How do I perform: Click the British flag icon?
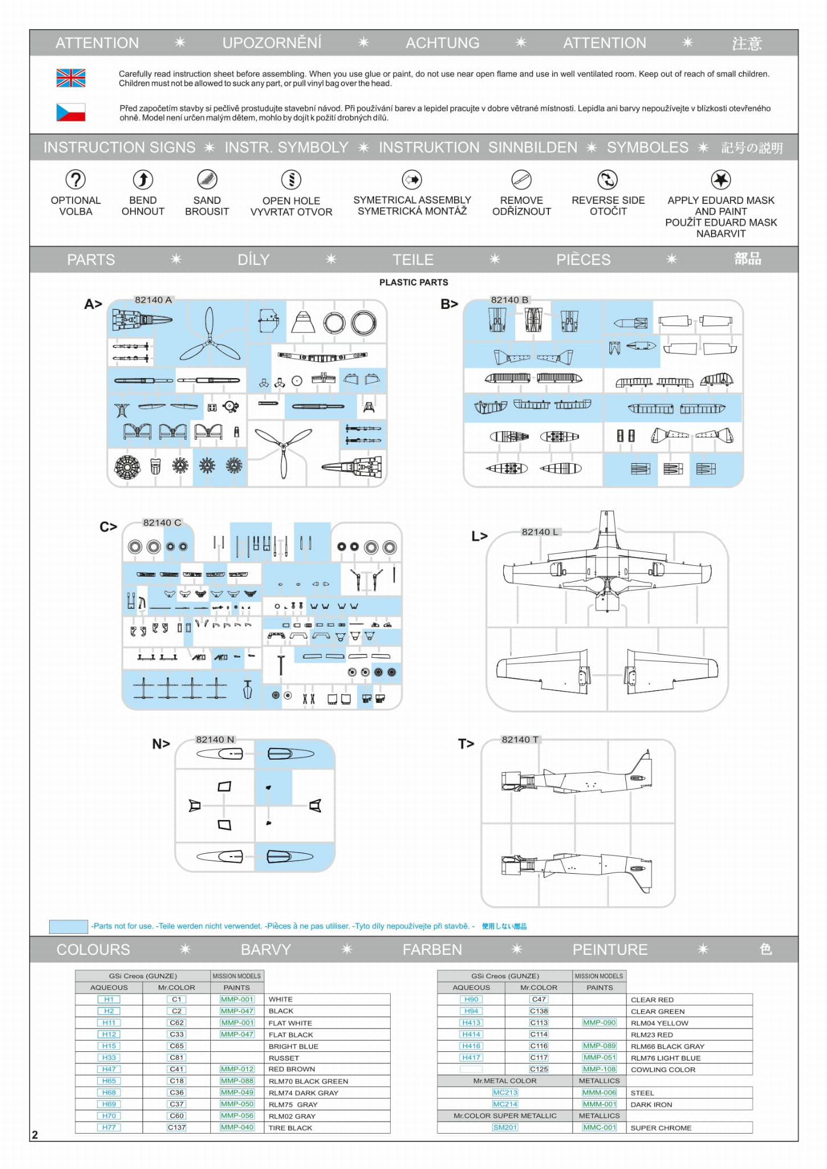pyautogui.click(x=71, y=78)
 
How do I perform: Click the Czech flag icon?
pyautogui.click(x=71, y=112)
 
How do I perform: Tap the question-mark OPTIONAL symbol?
pyautogui.click(x=75, y=179)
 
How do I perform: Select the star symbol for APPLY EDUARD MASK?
pyautogui.click(x=721, y=179)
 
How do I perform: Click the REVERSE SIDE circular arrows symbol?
pyautogui.click(x=607, y=179)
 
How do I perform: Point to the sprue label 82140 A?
pyautogui.click(x=153, y=300)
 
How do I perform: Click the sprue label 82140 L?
pyautogui.click(x=540, y=532)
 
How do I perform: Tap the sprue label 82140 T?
pyautogui.click(x=520, y=740)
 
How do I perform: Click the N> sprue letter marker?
pyautogui.click(x=161, y=744)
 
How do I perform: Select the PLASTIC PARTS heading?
pyautogui.click(x=413, y=282)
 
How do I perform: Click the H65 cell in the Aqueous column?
pyautogui.click(x=109, y=1080)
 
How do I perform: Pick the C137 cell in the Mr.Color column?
pyautogui.click(x=176, y=1127)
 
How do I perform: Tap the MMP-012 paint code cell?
pyautogui.click(x=237, y=1069)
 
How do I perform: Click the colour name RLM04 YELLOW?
pyautogui.click(x=659, y=1023)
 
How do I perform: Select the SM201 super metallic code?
pyautogui.click(x=505, y=1127)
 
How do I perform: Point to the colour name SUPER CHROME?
pyautogui.click(x=661, y=1128)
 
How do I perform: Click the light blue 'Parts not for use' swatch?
pyautogui.click(x=69, y=926)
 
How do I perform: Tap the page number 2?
pyautogui.click(x=35, y=1135)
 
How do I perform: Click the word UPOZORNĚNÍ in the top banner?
pyautogui.click(x=272, y=43)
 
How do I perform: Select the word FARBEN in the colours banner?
pyautogui.click(x=432, y=949)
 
